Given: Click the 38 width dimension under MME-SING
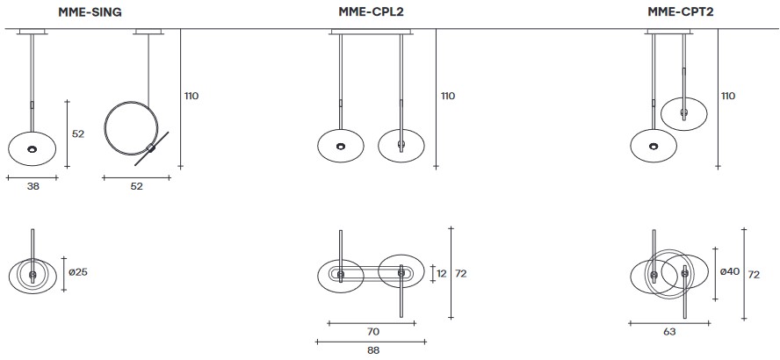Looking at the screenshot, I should (x=32, y=187).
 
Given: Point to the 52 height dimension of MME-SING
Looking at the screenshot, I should (x=77, y=133).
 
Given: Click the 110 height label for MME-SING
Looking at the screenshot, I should (x=191, y=96).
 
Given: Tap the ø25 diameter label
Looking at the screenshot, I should (x=79, y=272).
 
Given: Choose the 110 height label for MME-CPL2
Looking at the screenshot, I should (x=447, y=96).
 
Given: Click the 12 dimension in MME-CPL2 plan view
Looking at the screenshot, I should (x=442, y=274).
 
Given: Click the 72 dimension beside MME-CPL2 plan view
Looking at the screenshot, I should (x=461, y=274).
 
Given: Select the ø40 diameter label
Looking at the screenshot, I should (x=728, y=272).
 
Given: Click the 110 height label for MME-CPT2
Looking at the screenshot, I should (x=728, y=96).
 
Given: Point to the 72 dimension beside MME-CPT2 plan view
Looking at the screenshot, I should (x=753, y=274).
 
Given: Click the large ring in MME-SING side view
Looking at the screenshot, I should (x=105, y=127).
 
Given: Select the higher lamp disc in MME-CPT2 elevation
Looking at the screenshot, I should (x=682, y=112).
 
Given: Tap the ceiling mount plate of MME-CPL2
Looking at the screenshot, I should (x=370, y=33).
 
